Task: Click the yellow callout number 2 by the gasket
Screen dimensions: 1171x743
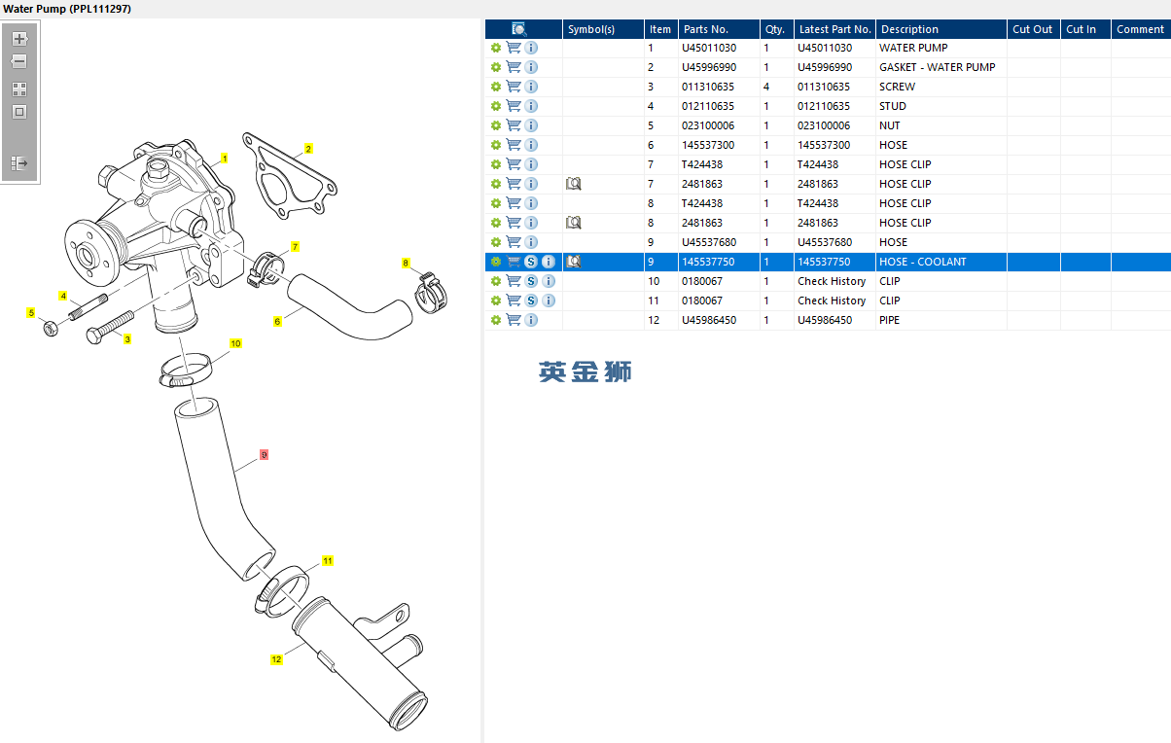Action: [x=308, y=149]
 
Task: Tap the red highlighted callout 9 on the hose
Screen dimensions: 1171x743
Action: [x=264, y=455]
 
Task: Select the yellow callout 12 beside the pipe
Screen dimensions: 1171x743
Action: [x=276, y=659]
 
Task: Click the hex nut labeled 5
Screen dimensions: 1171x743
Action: [x=51, y=329]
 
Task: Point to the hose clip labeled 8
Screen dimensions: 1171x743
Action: [x=431, y=293]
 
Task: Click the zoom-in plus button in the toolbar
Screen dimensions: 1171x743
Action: [x=19, y=39]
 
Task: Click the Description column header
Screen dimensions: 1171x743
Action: [x=909, y=29]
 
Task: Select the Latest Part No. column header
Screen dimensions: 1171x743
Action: [x=834, y=29]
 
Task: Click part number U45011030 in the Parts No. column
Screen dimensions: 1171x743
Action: [x=709, y=48]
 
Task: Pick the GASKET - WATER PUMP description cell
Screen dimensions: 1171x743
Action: [x=937, y=67]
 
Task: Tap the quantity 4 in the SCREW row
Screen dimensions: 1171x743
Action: [x=766, y=87]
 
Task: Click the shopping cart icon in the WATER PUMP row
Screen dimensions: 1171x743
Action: [x=514, y=48]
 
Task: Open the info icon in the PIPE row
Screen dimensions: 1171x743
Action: [x=531, y=320]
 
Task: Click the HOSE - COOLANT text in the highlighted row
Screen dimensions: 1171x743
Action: [x=923, y=262]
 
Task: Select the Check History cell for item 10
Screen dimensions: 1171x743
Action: [x=832, y=281]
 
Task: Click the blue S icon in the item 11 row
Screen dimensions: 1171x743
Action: [x=531, y=301]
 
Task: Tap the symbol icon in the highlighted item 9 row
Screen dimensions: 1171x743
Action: [x=574, y=262]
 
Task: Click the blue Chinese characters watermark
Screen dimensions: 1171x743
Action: [x=585, y=371]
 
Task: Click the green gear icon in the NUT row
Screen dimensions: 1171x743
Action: [x=496, y=125]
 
